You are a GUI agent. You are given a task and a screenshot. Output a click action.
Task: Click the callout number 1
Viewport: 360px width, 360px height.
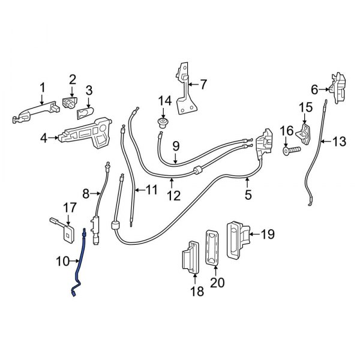[43, 89]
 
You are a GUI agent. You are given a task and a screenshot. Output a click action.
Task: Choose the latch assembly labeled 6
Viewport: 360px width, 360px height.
[338, 89]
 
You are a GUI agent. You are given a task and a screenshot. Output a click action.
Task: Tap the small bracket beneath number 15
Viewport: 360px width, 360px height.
[305, 131]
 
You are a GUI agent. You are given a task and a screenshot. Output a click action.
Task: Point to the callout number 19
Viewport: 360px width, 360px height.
[268, 234]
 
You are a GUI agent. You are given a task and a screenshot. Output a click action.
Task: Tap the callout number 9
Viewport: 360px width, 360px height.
[176, 145]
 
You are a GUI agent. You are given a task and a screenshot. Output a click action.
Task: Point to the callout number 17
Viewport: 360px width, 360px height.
[70, 208]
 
